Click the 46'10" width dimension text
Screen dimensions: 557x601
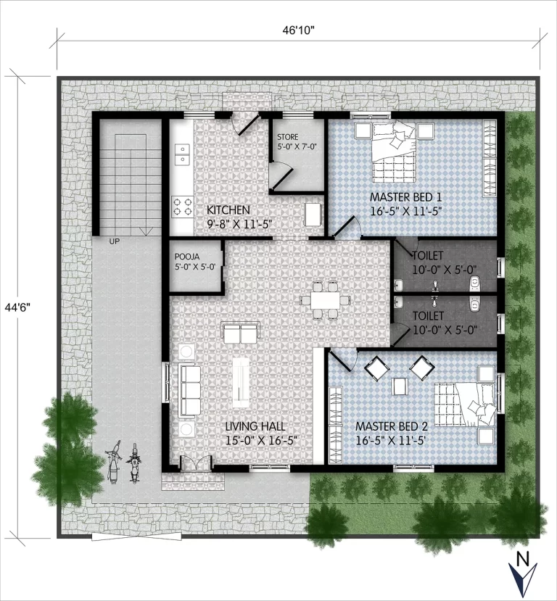point(298,30)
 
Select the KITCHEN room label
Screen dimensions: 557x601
point(228,210)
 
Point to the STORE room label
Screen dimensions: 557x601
point(287,137)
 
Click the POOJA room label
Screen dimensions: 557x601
point(187,257)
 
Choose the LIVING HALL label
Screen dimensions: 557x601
point(255,426)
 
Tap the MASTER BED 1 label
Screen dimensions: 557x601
point(405,197)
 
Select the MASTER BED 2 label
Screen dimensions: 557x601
point(392,426)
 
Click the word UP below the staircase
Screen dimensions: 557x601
point(115,241)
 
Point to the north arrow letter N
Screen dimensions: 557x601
point(521,558)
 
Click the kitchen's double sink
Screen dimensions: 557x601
point(182,154)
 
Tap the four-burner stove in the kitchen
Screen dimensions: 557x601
point(182,206)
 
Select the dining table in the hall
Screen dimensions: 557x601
point(325,300)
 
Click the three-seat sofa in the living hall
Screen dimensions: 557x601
point(190,391)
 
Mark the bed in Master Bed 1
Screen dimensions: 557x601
point(394,152)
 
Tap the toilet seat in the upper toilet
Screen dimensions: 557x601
point(475,282)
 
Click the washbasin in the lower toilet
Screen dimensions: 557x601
point(399,302)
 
